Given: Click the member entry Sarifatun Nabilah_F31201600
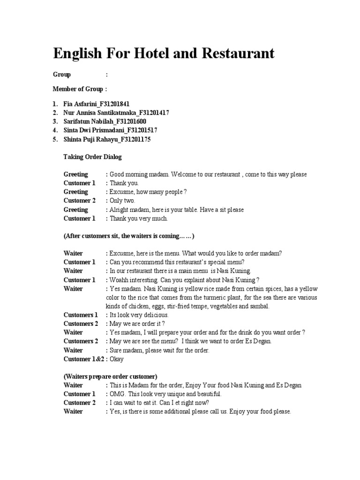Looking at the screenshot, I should [105, 122].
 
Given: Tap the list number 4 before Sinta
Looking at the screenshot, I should [55, 131].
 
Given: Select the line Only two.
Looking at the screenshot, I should [122, 201].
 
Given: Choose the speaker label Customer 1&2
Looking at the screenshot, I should [82, 359].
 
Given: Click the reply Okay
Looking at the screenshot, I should [116, 359].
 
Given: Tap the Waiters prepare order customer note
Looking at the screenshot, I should [111, 376].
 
